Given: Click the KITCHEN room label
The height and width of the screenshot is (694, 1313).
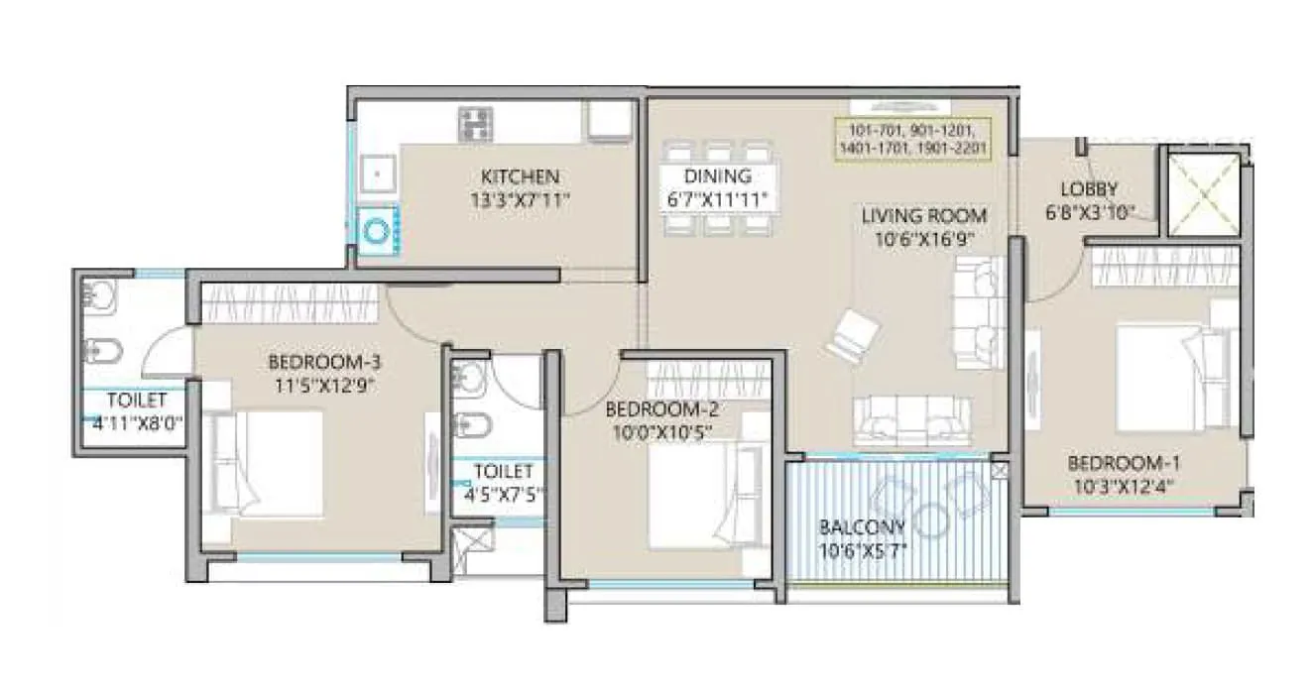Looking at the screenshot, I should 520,177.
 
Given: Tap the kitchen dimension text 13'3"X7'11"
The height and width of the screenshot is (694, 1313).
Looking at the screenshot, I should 520,200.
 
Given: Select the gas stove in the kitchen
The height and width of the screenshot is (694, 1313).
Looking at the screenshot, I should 475,124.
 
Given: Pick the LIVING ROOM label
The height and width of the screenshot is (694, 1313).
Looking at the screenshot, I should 923,215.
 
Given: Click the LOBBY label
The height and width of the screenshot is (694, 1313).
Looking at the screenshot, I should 1089,188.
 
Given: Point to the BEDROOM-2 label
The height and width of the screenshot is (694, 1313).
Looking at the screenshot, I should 661,409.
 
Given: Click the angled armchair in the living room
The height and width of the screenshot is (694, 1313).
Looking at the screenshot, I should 851,333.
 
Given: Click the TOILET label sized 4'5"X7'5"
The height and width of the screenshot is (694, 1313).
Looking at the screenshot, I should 503,471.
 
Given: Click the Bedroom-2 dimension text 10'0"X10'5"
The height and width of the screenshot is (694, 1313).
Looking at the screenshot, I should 660,431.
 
